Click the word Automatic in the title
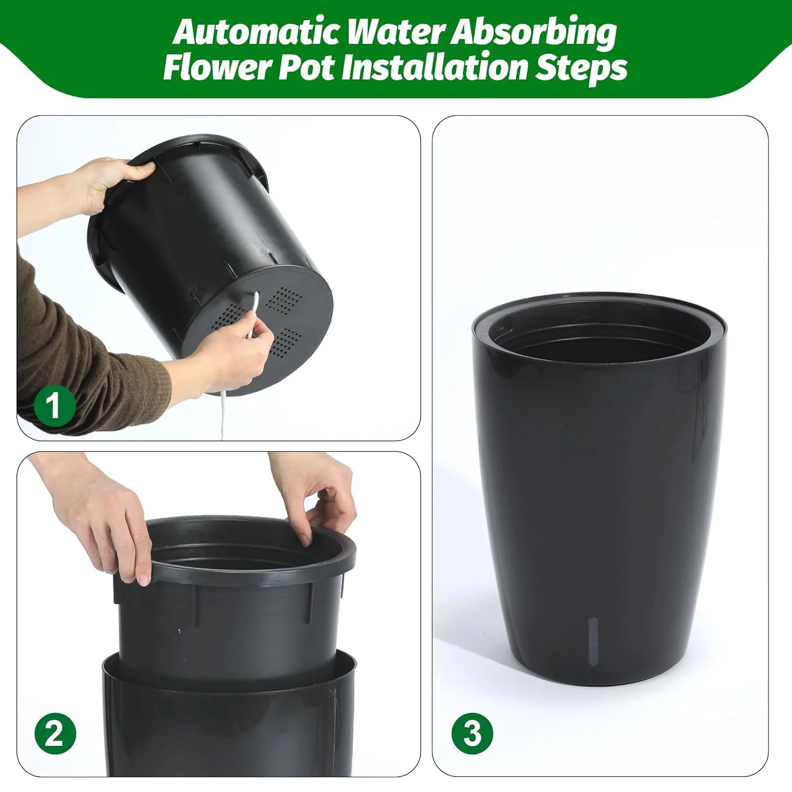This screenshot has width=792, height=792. [257, 33]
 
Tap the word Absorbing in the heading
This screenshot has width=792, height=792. [533, 33]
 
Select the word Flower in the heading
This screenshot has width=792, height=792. [216, 68]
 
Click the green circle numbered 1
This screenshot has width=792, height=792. [54, 406]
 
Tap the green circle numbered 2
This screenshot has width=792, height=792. [55, 734]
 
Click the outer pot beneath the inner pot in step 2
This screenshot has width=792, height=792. [227, 729]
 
